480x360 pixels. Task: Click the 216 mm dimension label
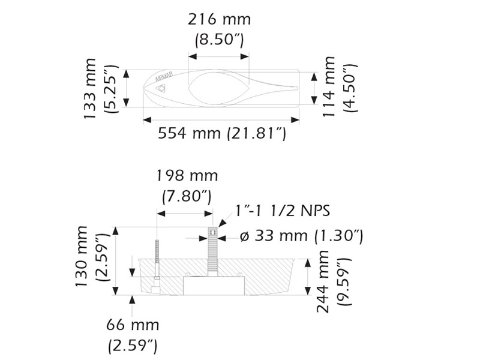pos(219,20)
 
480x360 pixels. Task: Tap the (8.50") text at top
pos(219,40)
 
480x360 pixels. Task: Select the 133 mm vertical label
pos(90,88)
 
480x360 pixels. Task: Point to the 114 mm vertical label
pos(329,86)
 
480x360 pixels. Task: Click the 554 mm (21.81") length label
pos(222,133)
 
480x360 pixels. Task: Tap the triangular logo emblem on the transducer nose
pos(161,88)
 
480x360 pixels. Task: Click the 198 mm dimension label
pos(187,176)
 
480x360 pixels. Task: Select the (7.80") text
pos(187,197)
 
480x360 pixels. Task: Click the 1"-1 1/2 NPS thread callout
pos(283,211)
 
